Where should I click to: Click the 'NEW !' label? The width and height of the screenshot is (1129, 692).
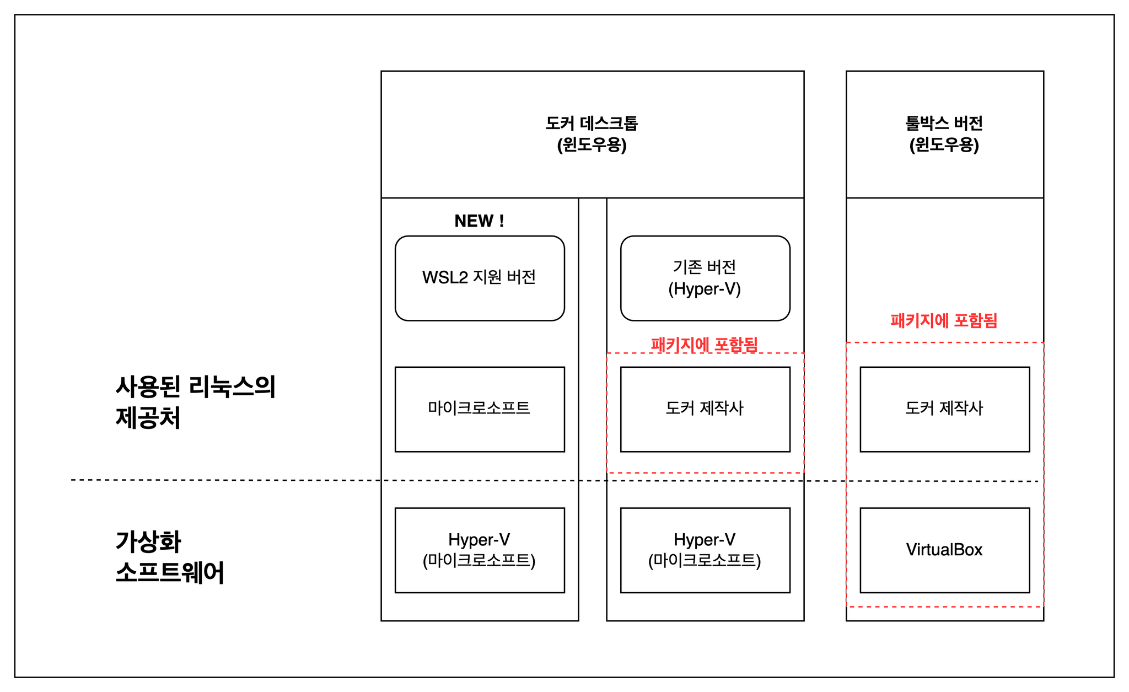click(479, 221)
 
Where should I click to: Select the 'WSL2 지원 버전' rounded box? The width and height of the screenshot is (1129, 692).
click(480, 278)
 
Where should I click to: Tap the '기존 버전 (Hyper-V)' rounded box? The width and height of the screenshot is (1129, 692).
click(705, 278)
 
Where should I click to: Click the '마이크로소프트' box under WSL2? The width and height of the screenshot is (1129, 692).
click(480, 409)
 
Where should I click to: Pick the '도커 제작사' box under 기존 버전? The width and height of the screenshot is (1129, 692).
click(705, 409)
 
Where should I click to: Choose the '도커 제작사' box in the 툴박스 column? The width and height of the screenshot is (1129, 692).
click(945, 409)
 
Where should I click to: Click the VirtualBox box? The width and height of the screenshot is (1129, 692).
click(945, 550)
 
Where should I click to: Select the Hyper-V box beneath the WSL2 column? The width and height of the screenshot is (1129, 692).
click(480, 550)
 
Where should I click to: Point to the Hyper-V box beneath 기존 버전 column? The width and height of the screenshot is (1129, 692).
click(705, 550)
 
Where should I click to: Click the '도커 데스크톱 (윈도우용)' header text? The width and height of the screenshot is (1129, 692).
click(592, 134)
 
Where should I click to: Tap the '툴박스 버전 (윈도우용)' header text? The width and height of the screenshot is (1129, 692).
click(944, 134)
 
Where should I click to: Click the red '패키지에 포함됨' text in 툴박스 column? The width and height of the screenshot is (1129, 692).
click(944, 320)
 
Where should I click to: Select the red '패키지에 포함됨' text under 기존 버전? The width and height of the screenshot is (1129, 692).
click(705, 345)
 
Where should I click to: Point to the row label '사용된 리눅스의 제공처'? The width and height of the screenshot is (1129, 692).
click(196, 402)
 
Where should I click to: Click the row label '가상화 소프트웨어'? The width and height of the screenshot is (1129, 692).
click(170, 557)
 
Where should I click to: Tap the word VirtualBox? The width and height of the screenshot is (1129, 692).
click(944, 550)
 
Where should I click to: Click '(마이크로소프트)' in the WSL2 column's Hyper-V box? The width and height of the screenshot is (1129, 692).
click(479, 561)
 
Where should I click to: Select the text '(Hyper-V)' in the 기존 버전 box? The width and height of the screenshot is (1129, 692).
click(705, 289)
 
